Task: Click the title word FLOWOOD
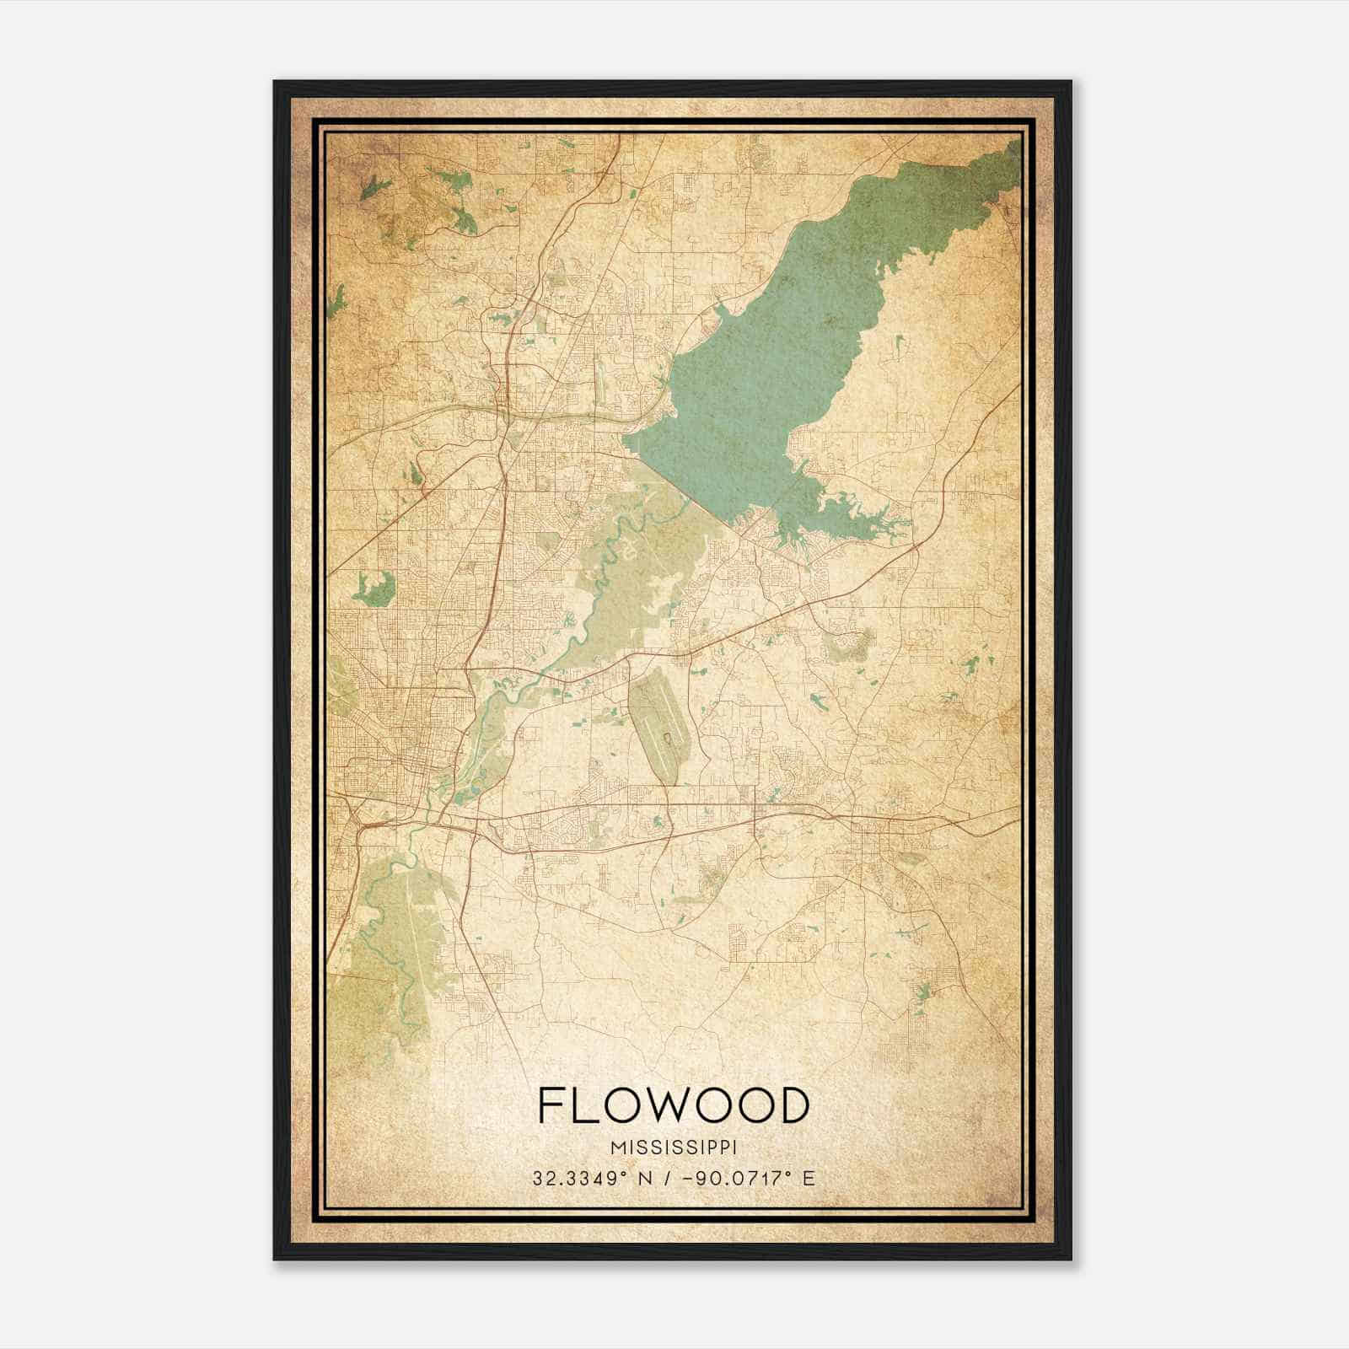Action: [673, 1105]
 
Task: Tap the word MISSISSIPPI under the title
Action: [673, 1147]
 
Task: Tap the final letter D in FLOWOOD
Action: [793, 1105]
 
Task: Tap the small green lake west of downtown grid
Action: [374, 588]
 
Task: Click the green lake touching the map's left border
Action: [336, 301]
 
